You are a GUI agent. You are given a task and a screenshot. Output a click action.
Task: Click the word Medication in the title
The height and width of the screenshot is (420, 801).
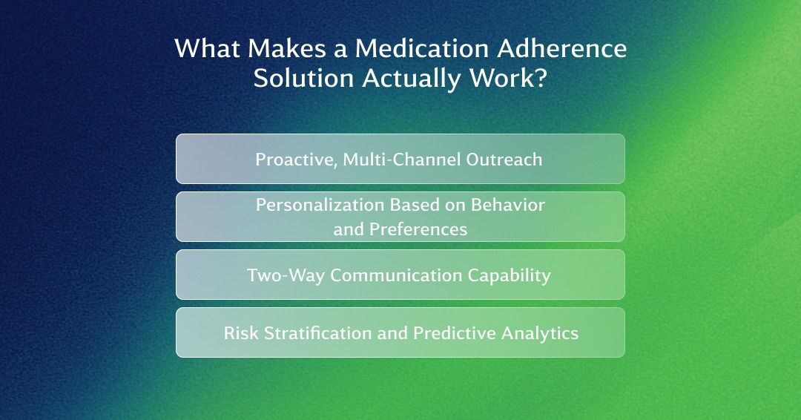click(422, 48)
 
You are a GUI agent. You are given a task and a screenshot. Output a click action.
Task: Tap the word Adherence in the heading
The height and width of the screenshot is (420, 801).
click(562, 48)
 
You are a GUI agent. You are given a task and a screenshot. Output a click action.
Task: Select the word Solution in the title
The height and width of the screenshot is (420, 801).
click(303, 78)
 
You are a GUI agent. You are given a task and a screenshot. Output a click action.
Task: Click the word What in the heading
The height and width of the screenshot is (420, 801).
click(208, 48)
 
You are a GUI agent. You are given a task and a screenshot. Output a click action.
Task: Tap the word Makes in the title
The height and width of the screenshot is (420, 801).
click(286, 48)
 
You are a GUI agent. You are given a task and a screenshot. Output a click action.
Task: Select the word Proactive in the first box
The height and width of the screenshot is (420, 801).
click(296, 160)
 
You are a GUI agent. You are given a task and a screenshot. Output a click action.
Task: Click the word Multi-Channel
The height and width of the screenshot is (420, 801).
click(401, 160)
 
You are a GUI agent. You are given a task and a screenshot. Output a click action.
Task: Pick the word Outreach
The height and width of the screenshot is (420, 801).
click(504, 160)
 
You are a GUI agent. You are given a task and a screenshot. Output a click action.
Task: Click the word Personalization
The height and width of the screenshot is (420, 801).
click(320, 205)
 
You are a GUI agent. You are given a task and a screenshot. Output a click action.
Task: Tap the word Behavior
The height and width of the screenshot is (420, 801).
click(508, 205)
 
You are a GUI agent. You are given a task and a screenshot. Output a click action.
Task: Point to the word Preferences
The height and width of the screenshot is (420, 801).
click(418, 229)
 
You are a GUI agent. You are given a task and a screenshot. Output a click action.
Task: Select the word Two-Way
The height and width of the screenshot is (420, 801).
click(286, 275)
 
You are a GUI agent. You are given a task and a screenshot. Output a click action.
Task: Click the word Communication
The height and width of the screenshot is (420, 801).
click(396, 275)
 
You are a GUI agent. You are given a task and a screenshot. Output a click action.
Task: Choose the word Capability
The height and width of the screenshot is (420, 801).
click(510, 276)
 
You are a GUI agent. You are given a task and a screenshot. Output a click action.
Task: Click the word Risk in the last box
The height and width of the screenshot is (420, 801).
click(241, 333)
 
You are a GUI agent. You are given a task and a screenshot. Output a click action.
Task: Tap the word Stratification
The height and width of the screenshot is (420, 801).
click(317, 333)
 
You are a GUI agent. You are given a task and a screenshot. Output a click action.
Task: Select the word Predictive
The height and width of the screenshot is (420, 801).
click(454, 333)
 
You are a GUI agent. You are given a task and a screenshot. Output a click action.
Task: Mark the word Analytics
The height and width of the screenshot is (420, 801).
click(540, 334)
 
